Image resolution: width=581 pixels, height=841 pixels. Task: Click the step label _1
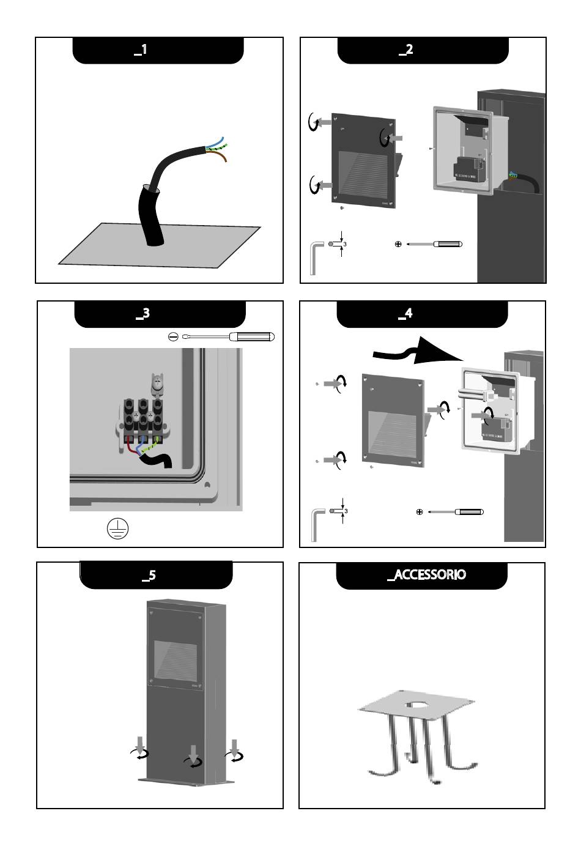click(140, 50)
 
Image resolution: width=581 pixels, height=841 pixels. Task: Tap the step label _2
click(405, 50)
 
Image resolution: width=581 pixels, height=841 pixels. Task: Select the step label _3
click(142, 314)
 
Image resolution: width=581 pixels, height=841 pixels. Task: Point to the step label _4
click(405, 314)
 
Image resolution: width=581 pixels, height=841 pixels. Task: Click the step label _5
click(148, 576)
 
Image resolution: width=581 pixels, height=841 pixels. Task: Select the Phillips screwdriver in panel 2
click(434, 244)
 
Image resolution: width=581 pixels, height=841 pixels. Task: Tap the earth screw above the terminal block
click(157, 383)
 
